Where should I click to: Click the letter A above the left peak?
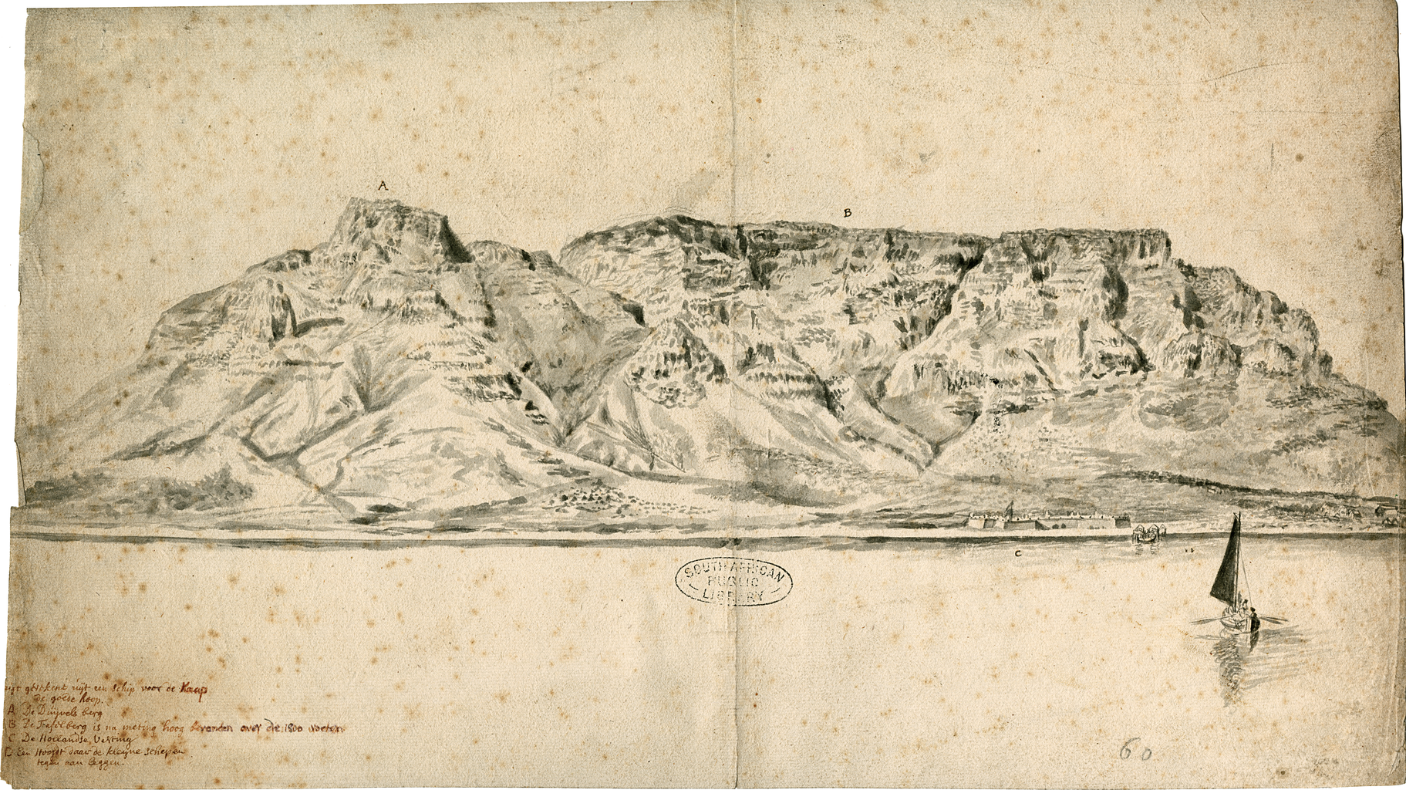pyautogui.click(x=381, y=186)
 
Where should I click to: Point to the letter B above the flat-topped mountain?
pyautogui.click(x=847, y=212)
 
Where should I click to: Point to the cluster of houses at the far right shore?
pyautogui.click(x=1381, y=513)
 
